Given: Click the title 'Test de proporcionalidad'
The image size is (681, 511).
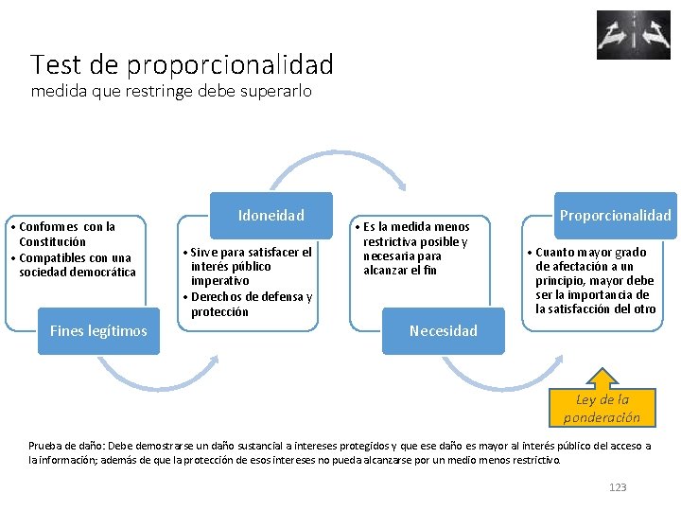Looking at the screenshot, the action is click(x=182, y=64).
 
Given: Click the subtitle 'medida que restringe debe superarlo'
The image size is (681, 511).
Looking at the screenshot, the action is click(x=170, y=92).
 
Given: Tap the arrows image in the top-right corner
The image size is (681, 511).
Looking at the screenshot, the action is click(x=633, y=35).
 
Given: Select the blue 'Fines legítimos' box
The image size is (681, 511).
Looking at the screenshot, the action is click(x=98, y=330).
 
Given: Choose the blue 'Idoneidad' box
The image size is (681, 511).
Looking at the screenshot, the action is click(x=271, y=216).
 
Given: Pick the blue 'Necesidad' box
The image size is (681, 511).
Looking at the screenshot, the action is click(x=443, y=330).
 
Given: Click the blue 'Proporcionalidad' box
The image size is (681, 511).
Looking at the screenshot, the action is click(x=615, y=216).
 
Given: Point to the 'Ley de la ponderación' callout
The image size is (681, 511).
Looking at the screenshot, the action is click(x=602, y=408).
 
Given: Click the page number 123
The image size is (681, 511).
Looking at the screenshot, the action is click(x=618, y=487).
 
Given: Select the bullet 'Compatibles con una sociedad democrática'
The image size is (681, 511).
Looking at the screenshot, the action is click(x=76, y=265).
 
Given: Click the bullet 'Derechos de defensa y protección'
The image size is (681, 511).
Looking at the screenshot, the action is click(x=250, y=304).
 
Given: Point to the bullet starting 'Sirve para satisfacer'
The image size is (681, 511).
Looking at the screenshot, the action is click(x=250, y=266).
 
